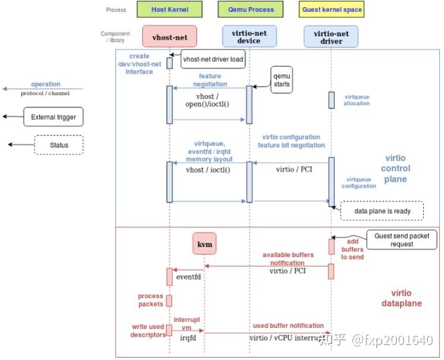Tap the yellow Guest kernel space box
(331, 10)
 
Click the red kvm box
(204, 244)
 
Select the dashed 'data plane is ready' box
(382, 211)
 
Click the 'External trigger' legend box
(53, 117)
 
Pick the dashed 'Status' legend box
(59, 145)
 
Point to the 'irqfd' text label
(188, 337)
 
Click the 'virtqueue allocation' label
(356, 100)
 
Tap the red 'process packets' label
(150, 300)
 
